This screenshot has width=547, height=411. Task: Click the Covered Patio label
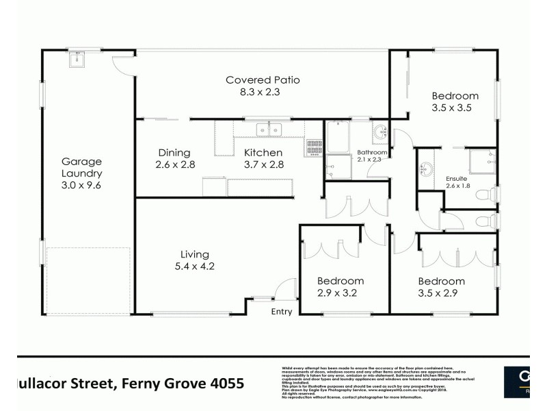coord(254,80)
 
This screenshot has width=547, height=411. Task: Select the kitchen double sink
coord(269,129)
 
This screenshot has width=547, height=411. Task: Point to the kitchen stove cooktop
coord(315,145)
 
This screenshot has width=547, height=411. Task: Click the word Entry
coord(281,312)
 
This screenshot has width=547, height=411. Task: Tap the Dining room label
coord(174,153)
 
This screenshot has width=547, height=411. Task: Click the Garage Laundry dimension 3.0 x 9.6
coord(81,185)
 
